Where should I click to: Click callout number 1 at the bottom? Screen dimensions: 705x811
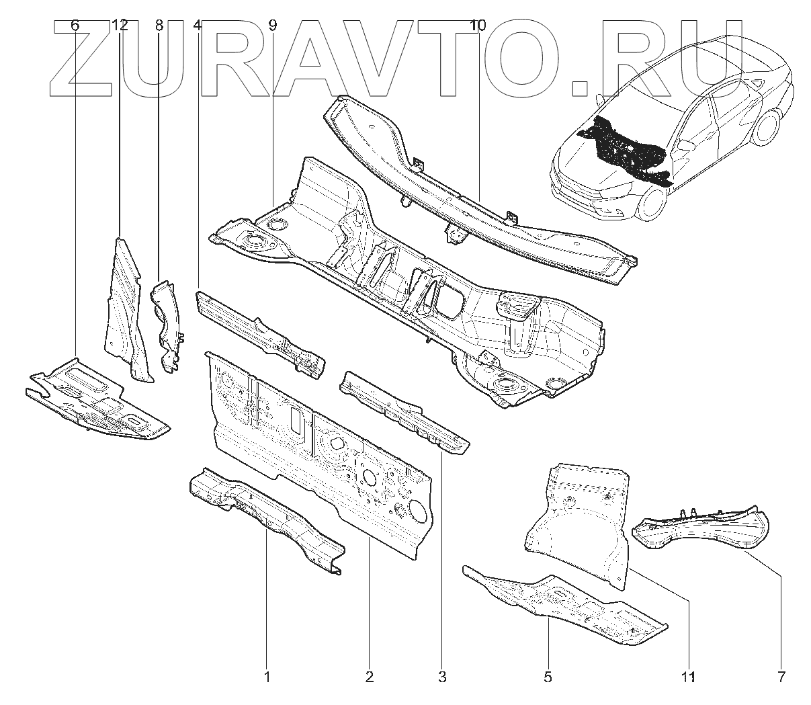click(267, 676)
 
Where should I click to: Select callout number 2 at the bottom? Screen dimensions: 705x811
click(369, 676)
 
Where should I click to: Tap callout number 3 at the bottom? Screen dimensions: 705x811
click(441, 676)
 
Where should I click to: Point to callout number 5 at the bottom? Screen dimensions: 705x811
click(548, 676)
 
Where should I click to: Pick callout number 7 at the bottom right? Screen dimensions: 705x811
click(781, 676)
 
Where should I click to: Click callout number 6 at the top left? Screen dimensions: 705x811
click(75, 26)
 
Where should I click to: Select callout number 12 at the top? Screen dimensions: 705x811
click(119, 26)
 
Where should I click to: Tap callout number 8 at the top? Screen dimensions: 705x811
click(159, 26)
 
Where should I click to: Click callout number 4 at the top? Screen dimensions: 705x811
click(197, 26)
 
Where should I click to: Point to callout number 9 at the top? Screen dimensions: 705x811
click(272, 26)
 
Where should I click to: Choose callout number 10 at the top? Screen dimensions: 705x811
click(478, 26)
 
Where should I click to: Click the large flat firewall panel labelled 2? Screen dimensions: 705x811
click(323, 457)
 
